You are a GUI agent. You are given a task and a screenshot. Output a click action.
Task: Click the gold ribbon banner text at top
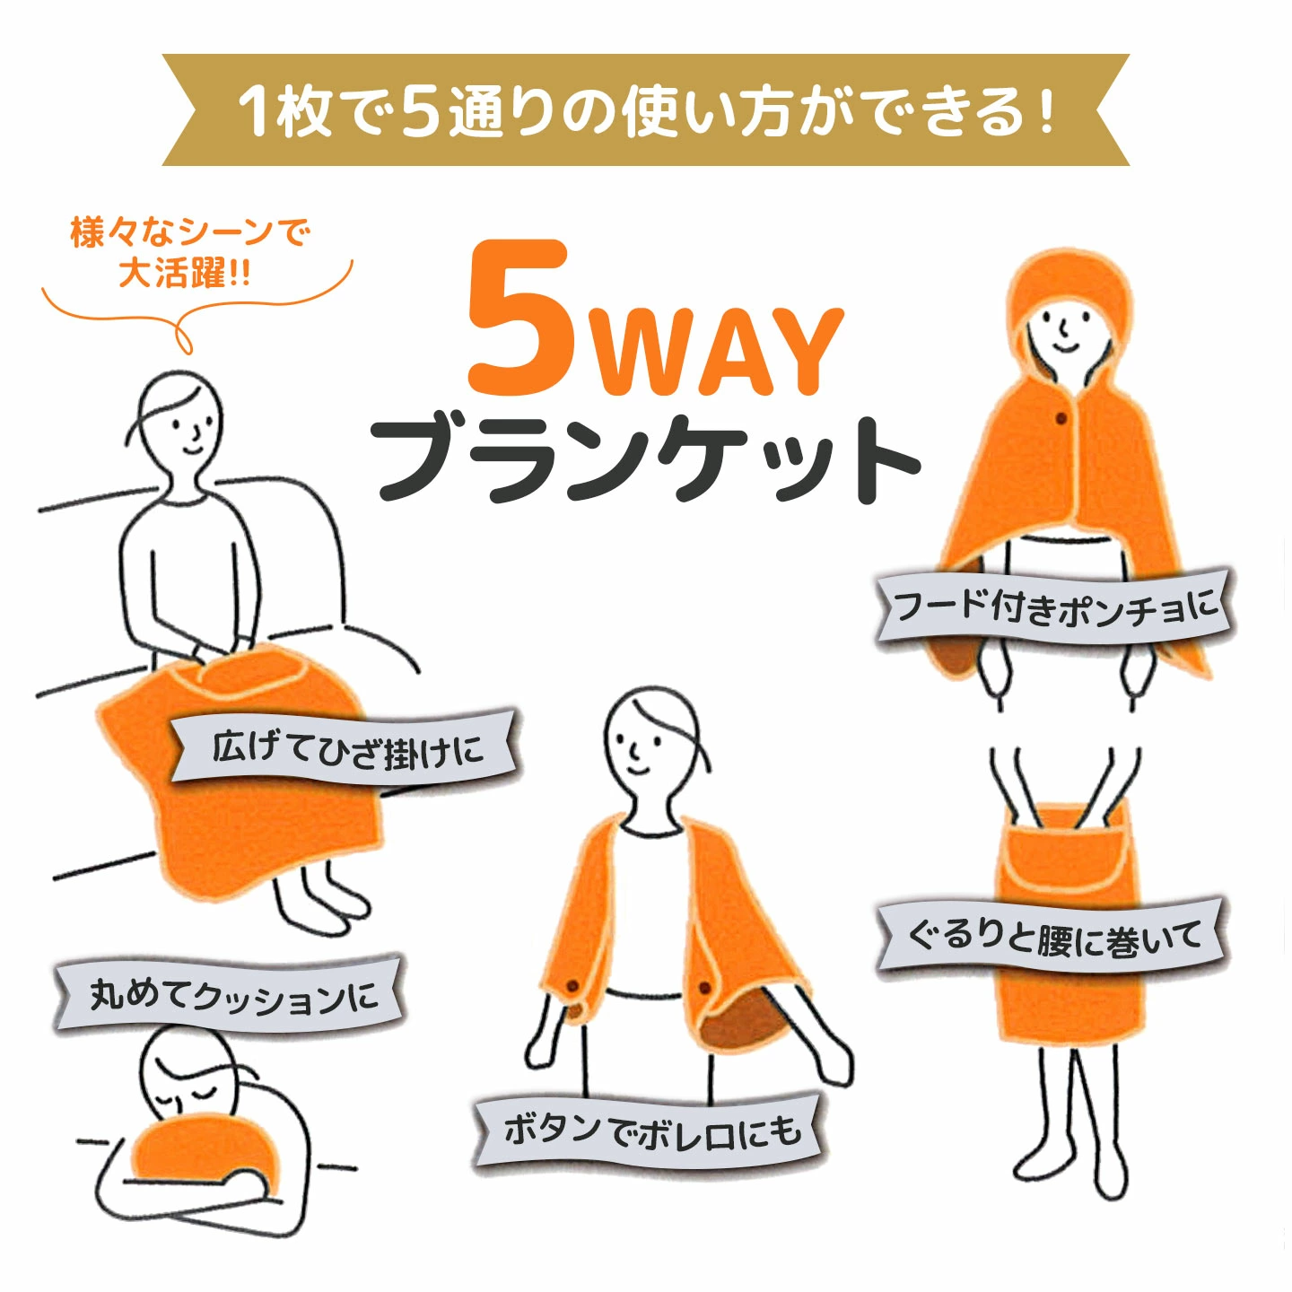(646, 109)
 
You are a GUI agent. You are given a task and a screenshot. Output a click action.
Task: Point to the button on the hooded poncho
(1061, 419)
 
